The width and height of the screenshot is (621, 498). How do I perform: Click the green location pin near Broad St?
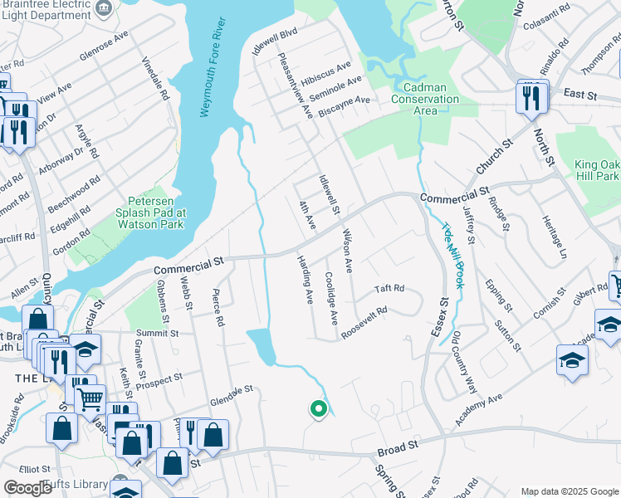click(317, 408)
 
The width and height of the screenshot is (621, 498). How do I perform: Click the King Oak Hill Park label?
click(596, 170)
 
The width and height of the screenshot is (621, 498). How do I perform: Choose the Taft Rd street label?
click(389, 289)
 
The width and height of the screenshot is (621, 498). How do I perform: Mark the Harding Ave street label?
click(305, 278)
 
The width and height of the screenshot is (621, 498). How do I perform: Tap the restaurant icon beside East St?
click(529, 98)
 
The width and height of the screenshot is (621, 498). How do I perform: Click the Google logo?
click(27, 488)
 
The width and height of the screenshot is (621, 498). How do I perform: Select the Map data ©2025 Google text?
click(569, 491)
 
